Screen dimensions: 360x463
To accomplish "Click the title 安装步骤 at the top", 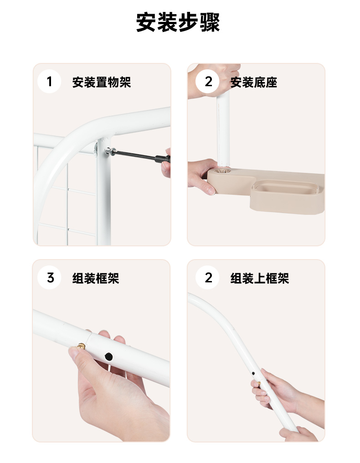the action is [x=178, y=22].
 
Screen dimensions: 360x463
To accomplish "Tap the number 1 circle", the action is [x=49, y=82].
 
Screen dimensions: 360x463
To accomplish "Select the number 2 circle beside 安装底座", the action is [x=207, y=82].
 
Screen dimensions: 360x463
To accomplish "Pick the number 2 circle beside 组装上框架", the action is [x=207, y=277].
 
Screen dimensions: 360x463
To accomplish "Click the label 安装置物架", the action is [x=102, y=82].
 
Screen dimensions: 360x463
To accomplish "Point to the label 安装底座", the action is [x=253, y=82].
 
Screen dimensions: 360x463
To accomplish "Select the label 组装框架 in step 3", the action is [x=96, y=278].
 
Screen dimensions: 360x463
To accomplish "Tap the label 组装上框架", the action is [x=259, y=278].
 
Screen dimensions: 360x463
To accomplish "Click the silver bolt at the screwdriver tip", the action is [x=109, y=151].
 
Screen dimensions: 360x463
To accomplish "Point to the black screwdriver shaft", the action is [x=134, y=155].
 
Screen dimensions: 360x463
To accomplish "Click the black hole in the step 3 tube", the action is [x=108, y=357].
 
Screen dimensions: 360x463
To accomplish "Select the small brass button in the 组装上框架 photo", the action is [x=259, y=383].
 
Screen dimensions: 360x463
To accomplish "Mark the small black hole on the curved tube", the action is [x=253, y=374].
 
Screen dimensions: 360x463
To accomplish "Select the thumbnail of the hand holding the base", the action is [x=211, y=190].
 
